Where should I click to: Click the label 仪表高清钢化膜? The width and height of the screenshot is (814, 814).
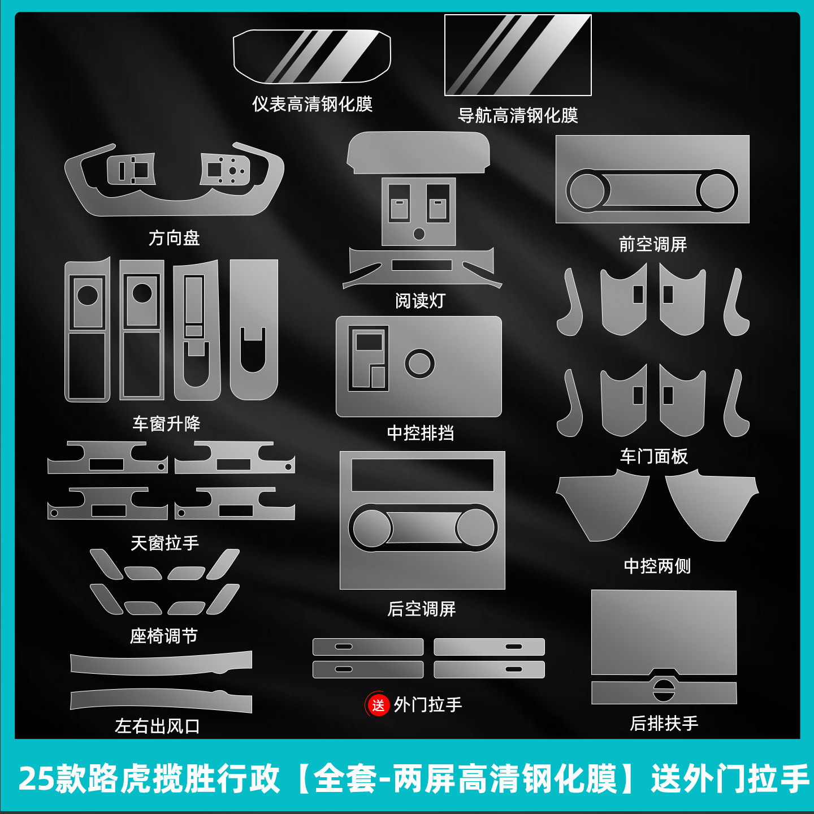(x=312, y=104)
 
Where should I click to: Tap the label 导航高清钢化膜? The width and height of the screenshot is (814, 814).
(x=518, y=115)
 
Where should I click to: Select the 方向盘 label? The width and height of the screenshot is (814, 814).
(x=174, y=238)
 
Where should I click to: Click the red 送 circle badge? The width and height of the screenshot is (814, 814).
(x=378, y=704)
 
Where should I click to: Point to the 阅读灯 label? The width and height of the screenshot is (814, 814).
(x=420, y=301)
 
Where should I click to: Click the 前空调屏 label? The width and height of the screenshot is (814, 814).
(x=653, y=244)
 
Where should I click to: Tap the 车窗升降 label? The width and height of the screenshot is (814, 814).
(x=166, y=424)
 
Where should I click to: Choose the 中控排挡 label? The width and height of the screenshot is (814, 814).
(x=421, y=433)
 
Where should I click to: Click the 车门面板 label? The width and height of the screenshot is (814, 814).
(x=653, y=456)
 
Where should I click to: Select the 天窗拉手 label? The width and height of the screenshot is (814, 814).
(x=164, y=543)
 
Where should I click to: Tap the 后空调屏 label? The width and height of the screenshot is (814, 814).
(x=422, y=609)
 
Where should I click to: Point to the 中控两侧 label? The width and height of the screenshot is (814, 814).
(x=657, y=566)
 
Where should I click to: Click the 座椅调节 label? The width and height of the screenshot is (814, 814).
(x=163, y=636)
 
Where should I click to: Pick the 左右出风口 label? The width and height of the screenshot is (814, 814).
(x=157, y=726)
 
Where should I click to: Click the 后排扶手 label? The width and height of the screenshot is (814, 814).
(x=664, y=723)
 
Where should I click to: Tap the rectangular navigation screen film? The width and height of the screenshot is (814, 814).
(x=518, y=55)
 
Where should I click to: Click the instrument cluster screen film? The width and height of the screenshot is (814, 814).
(x=312, y=56)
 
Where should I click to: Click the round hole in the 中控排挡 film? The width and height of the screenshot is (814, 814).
(x=419, y=363)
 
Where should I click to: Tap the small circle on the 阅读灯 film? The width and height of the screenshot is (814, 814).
(x=419, y=233)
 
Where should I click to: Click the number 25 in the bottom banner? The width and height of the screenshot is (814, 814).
(x=36, y=778)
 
